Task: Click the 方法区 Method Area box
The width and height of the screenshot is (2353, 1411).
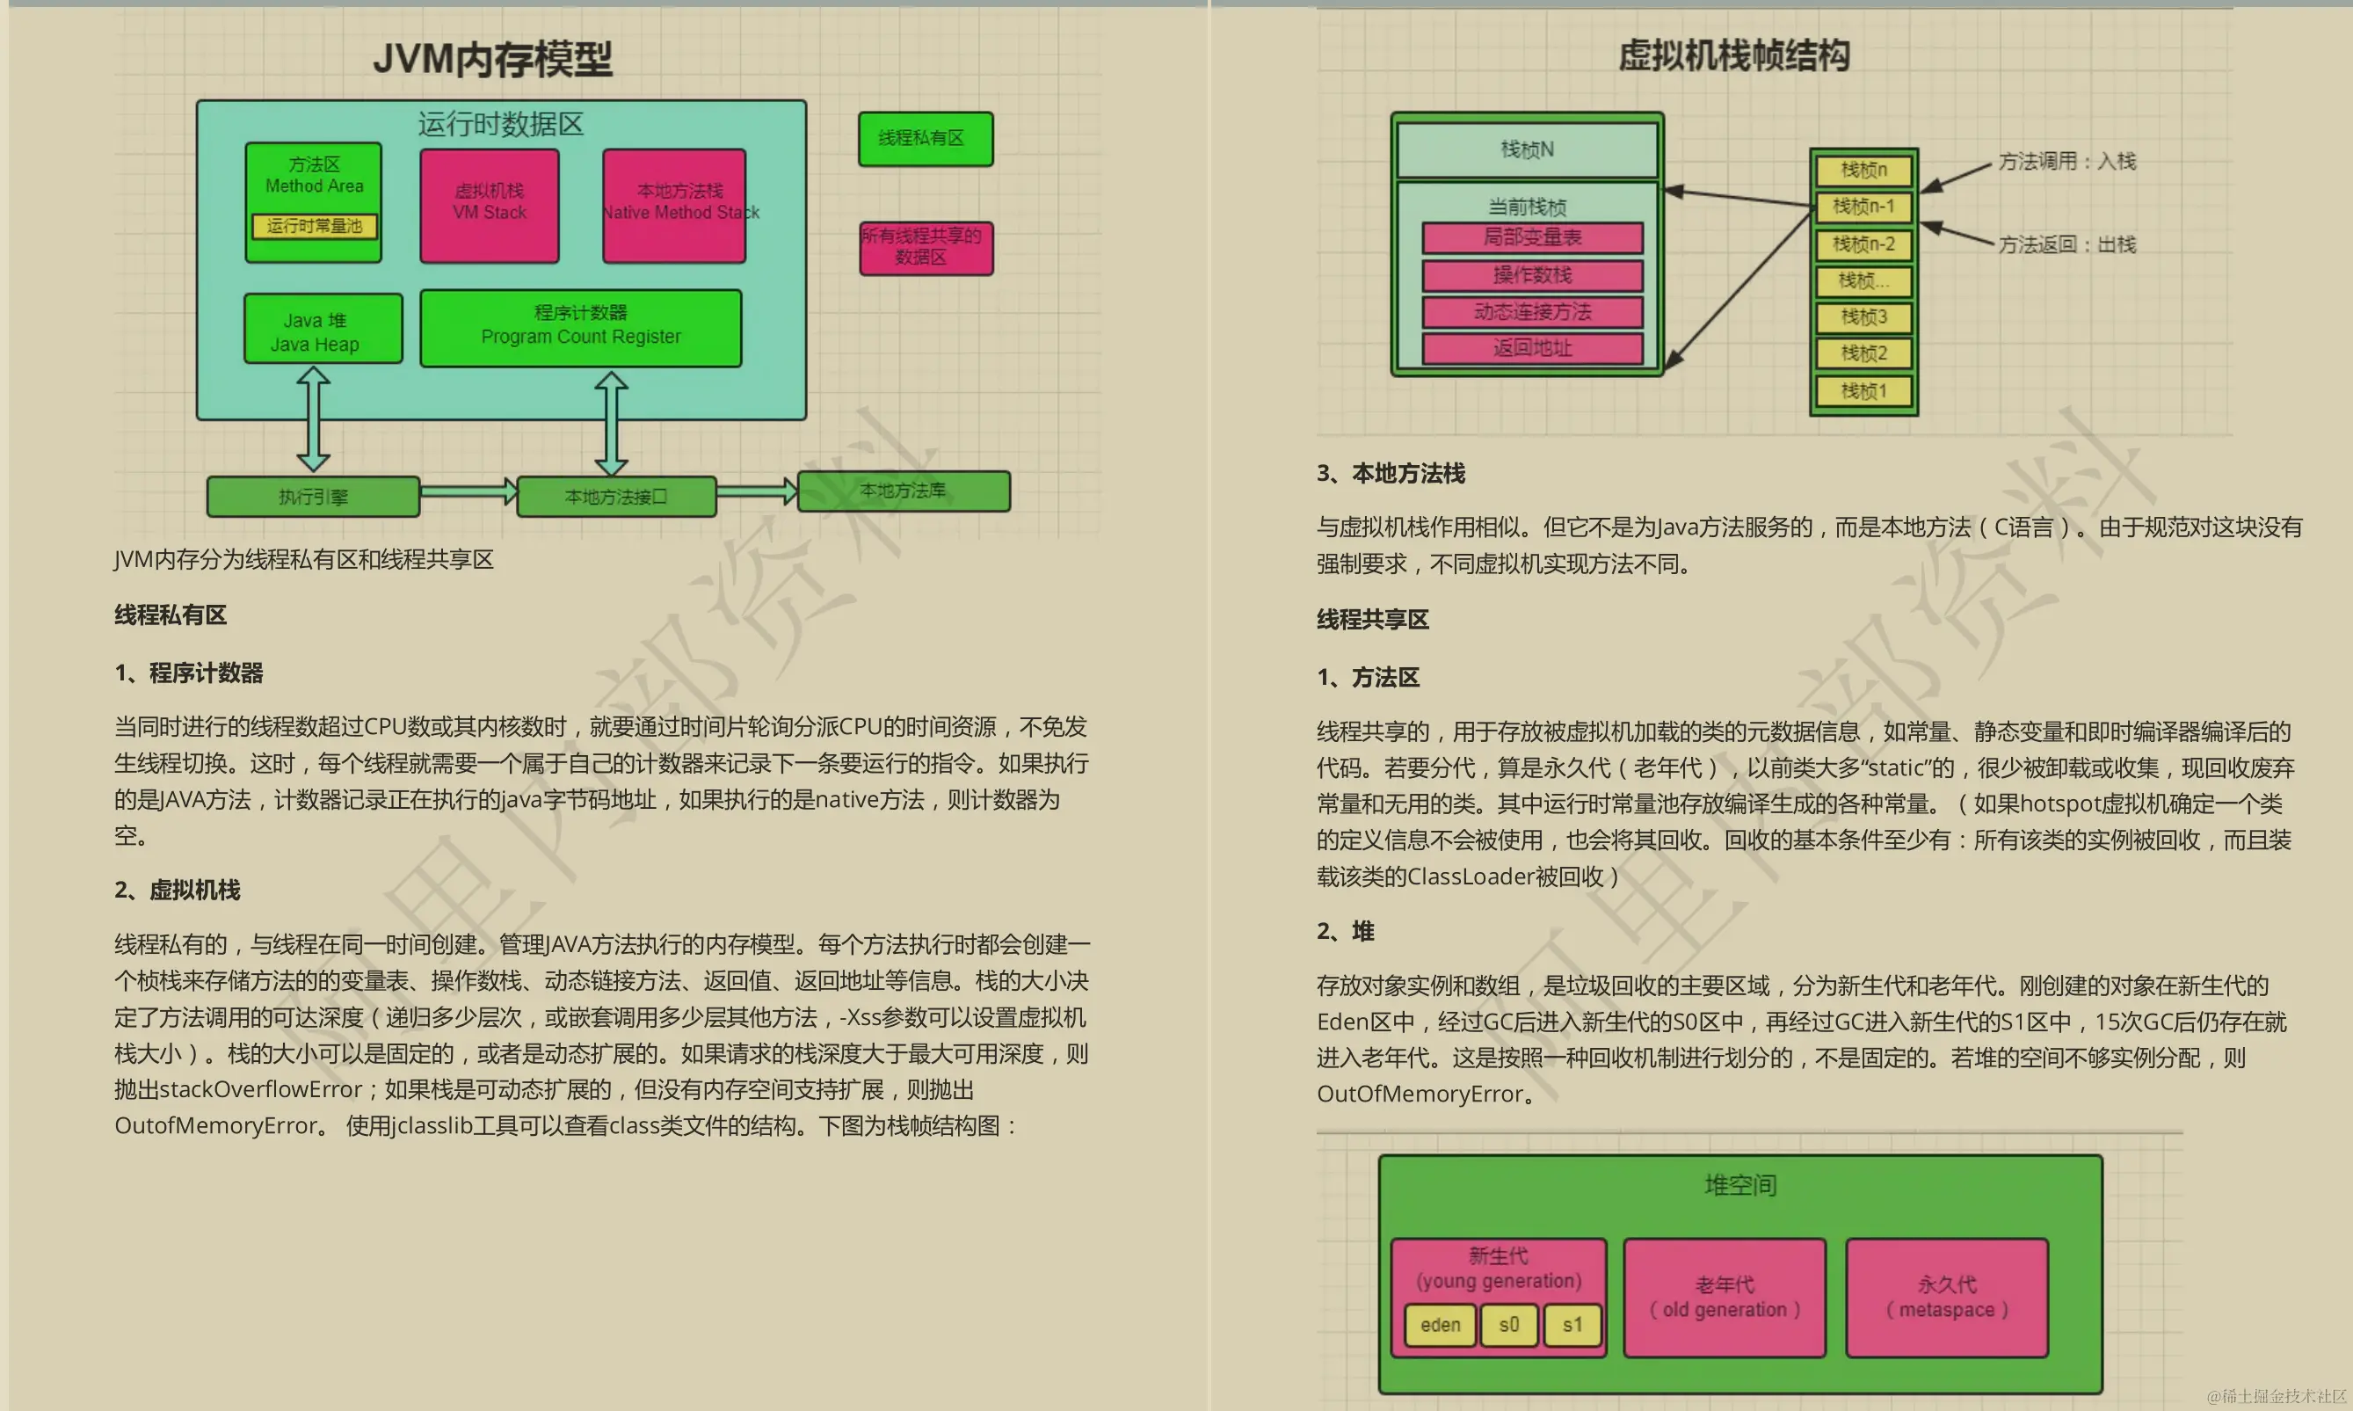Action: point(314,176)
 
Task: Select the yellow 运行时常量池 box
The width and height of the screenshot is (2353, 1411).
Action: point(314,226)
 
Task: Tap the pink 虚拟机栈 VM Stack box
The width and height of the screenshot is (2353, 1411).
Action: point(490,206)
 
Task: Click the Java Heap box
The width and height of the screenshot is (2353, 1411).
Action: point(323,329)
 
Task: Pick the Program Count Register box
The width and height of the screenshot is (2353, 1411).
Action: point(581,328)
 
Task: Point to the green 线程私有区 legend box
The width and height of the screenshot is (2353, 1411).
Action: point(925,139)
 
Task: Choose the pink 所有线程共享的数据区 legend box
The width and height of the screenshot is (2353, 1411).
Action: point(926,248)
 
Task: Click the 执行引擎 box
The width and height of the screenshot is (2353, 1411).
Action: point(313,497)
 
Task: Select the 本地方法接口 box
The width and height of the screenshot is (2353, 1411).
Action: point(616,497)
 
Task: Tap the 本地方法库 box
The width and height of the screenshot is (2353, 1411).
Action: point(903,491)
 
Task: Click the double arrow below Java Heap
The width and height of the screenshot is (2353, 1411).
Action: point(314,419)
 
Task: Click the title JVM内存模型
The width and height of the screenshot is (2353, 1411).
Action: point(492,59)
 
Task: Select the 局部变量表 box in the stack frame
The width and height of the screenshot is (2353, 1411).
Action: point(1532,237)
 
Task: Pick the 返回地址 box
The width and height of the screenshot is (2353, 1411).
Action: point(1532,348)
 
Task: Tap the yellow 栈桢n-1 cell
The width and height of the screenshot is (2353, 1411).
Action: point(1863,207)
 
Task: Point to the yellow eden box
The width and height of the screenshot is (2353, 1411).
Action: point(1440,1325)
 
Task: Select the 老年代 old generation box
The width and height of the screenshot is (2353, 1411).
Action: point(1724,1298)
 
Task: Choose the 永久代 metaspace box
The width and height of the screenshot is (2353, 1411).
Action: point(1946,1298)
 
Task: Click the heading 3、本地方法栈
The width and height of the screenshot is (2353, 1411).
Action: point(1391,474)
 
